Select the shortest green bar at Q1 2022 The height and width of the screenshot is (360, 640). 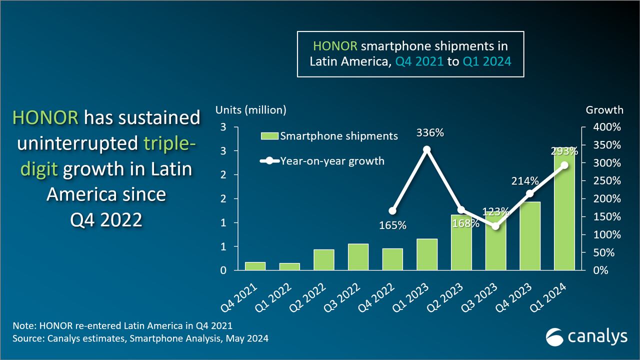(x=289, y=266)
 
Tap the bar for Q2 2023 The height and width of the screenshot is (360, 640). (x=461, y=243)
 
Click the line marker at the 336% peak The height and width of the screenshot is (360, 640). (x=426, y=149)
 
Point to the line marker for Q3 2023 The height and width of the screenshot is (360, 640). (x=495, y=226)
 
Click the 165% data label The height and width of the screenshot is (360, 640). (x=392, y=225)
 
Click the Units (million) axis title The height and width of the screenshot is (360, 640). (x=250, y=110)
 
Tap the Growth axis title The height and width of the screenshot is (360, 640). (x=604, y=110)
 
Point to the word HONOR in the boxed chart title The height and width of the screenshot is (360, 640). (x=335, y=46)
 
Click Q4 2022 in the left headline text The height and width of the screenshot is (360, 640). (x=106, y=219)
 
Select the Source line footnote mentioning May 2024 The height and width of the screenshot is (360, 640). (x=140, y=338)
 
